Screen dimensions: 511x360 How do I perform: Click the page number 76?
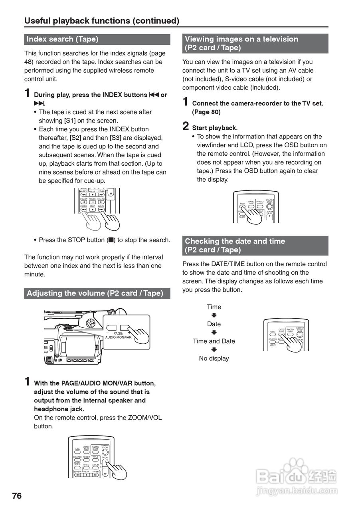17,496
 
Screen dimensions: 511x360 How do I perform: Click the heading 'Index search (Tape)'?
62,39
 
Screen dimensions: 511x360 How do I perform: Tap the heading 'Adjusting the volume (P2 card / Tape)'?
95,293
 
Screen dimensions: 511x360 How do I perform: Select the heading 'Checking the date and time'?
235,242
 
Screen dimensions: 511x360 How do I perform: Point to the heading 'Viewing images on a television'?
241,39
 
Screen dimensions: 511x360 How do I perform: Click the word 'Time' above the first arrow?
214,307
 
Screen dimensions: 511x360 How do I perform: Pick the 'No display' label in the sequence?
214,358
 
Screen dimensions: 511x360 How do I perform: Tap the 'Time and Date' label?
214,341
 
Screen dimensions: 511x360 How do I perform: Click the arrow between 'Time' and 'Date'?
214,315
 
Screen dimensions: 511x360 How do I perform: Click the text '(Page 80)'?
206,112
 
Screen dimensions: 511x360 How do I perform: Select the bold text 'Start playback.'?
215,128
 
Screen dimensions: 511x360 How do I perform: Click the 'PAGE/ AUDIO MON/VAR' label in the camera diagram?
118,335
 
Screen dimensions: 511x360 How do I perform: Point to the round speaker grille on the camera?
90,323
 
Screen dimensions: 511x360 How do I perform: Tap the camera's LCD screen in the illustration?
79,346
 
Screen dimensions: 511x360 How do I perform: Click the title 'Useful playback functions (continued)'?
102,21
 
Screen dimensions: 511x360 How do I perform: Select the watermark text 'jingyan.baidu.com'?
297,491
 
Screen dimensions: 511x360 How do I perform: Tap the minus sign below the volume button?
108,332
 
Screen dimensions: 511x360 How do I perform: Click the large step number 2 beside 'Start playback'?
186,127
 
